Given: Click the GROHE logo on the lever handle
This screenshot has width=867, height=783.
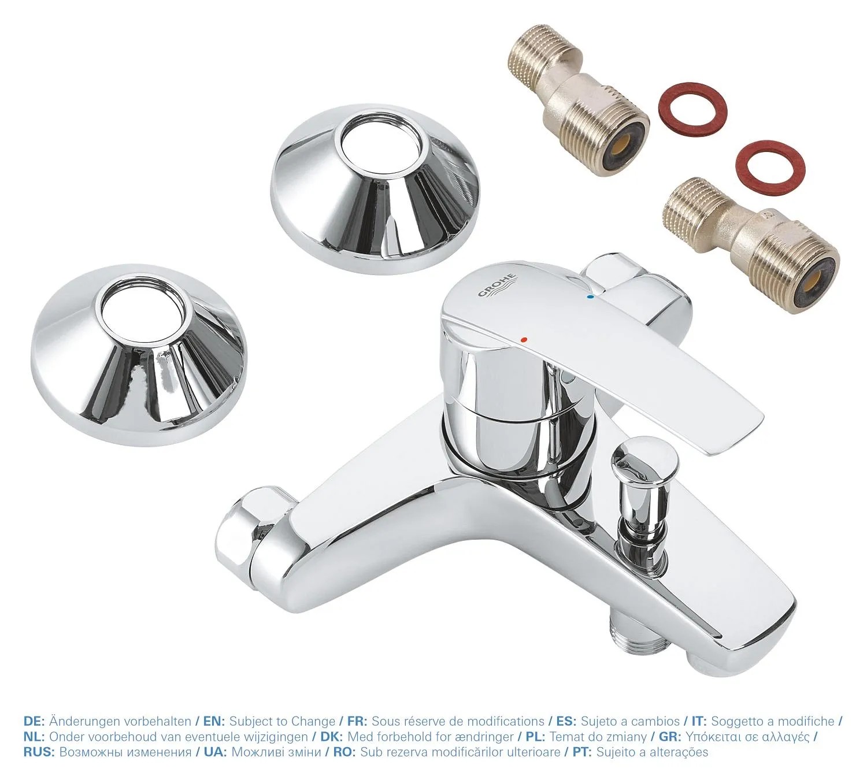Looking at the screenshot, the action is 498,287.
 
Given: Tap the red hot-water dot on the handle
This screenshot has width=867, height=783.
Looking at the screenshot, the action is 524,339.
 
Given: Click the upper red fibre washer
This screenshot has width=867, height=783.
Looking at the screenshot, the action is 692,107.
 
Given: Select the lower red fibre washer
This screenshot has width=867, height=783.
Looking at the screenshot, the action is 770,164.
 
